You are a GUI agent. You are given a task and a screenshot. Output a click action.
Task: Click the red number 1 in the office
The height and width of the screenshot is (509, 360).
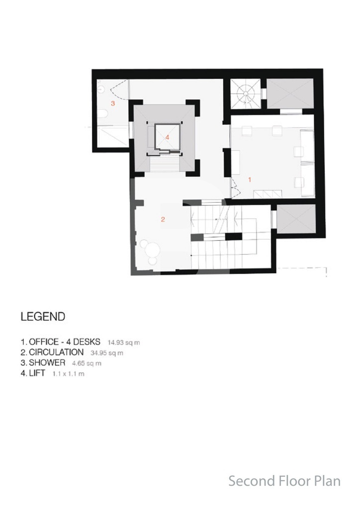(250, 179)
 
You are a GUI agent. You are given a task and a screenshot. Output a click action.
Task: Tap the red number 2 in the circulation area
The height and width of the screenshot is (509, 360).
(163, 220)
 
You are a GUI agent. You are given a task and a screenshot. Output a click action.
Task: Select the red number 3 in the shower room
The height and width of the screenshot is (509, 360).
(113, 103)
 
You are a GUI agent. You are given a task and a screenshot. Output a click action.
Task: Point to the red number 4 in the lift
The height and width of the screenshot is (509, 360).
(167, 137)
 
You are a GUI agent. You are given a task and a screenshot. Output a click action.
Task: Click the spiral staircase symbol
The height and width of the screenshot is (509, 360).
(245, 94)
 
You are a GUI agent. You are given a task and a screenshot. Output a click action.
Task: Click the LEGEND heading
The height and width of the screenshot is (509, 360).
(43, 317)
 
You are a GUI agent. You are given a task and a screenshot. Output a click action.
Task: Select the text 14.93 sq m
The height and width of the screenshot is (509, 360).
(124, 342)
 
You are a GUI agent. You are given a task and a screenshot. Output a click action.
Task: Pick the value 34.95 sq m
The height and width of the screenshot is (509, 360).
(107, 353)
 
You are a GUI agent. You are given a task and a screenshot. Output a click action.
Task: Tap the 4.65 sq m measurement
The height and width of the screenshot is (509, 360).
(87, 363)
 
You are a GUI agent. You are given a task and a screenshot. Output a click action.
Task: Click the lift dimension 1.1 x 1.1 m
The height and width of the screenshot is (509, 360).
(69, 374)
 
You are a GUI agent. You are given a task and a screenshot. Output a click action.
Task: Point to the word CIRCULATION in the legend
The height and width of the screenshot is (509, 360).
(56, 352)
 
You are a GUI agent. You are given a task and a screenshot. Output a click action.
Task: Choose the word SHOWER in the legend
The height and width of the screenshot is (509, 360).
(47, 362)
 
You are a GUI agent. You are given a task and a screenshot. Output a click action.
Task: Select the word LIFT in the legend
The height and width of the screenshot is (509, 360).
(37, 373)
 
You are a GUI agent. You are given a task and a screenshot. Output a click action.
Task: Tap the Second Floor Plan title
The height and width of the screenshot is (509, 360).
(285, 481)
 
